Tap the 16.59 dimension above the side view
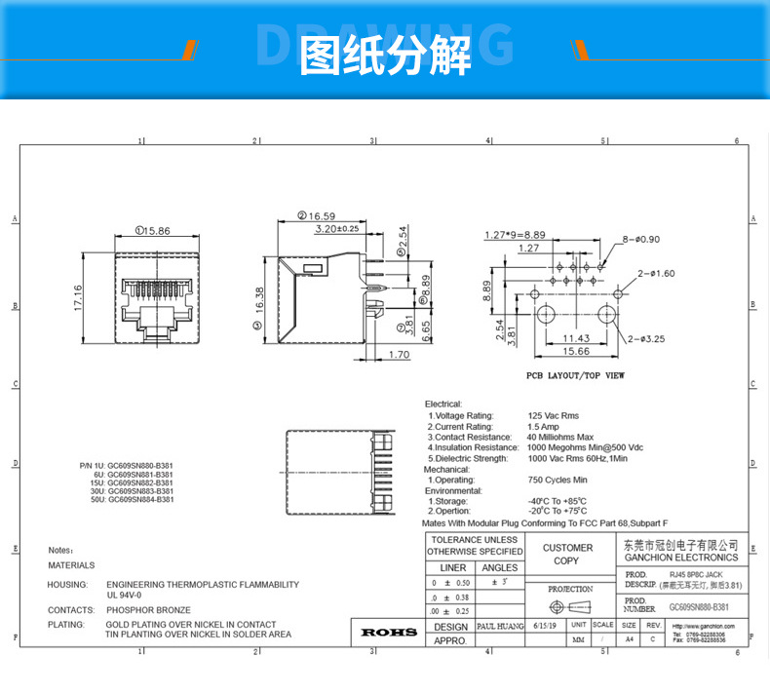coord(321,215)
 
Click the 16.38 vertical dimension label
coord(260,299)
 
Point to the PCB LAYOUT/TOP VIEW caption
coord(575,374)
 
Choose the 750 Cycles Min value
coord(558,480)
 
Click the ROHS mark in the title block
coord(389,633)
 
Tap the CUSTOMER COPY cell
coord(566,554)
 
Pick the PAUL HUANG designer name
coord(500,626)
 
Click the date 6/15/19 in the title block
coord(543,626)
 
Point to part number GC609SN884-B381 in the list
coord(139,499)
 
